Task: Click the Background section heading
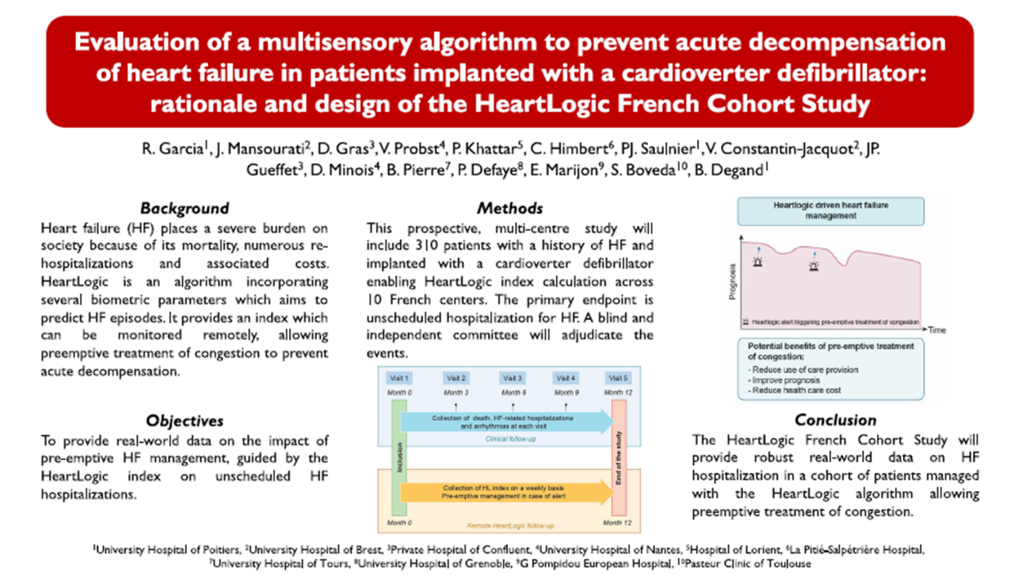pos(184,208)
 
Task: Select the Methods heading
pos(509,208)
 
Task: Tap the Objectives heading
pos(184,421)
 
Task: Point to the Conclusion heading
pos(835,420)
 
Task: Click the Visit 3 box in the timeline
pos(513,378)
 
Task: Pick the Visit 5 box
pos(619,378)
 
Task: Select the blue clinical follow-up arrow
pos(507,421)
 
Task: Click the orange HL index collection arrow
pos(507,491)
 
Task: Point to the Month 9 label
pos(566,392)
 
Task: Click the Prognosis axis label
pos(734,281)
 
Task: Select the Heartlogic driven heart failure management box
pos(830,210)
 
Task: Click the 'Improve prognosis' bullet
pos(783,380)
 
